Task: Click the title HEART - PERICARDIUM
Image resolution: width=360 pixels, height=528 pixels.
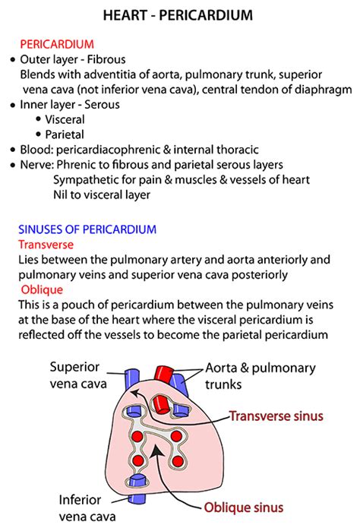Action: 178,15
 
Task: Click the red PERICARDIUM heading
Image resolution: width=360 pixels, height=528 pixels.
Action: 57,44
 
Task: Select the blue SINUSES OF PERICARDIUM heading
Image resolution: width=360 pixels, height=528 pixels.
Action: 87,229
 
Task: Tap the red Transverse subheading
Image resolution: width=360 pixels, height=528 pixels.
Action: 46,245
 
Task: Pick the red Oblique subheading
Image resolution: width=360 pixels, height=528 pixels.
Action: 42,289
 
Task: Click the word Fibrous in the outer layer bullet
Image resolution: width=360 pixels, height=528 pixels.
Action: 106,59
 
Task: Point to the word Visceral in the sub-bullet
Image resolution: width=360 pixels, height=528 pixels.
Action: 65,119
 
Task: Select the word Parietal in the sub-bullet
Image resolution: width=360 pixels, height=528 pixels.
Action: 65,134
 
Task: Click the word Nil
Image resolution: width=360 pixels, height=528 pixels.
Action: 60,194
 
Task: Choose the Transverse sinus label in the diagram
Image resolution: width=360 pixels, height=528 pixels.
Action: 276,416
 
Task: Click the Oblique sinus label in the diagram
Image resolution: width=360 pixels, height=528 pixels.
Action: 244,507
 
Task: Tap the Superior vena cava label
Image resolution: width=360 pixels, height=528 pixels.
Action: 78,375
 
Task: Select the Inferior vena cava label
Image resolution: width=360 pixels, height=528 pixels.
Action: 87,507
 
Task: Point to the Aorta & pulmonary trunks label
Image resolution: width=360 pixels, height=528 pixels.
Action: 261,376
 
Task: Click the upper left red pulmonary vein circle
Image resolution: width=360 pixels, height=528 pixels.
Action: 137,436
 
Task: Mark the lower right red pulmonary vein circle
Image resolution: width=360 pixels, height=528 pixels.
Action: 178,460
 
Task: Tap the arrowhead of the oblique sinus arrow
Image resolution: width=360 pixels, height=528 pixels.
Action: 155,449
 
